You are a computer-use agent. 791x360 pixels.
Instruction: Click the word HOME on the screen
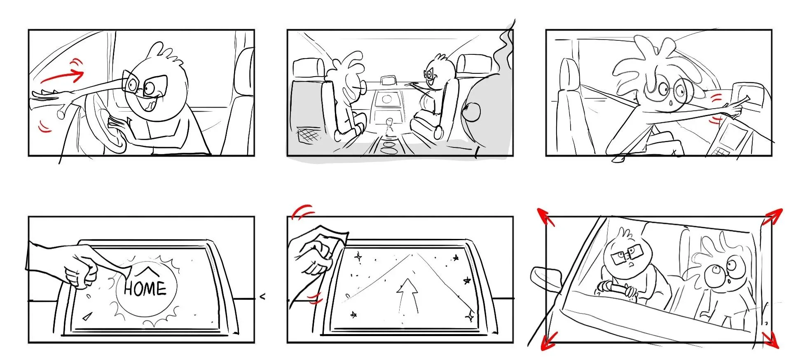click(x=145, y=288)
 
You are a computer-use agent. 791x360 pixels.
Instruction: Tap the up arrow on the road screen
click(x=407, y=295)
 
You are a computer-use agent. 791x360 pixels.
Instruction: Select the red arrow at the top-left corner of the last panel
click(x=545, y=217)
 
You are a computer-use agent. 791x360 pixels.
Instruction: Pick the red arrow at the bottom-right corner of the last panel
click(x=770, y=339)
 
